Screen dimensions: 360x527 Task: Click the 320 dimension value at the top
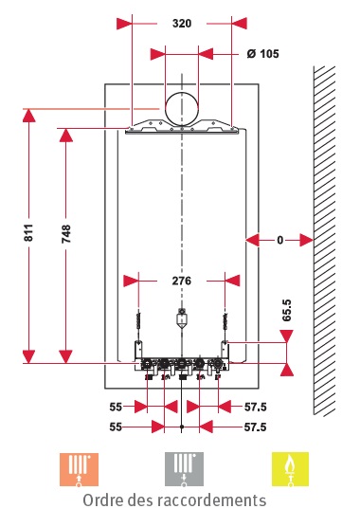point(182,24)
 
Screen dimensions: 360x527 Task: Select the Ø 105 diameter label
point(263,54)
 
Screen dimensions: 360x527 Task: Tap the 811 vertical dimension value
point(28,232)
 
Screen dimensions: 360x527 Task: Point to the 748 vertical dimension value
point(66,234)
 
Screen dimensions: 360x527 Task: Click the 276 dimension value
point(182,281)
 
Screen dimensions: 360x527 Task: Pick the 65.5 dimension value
point(287,310)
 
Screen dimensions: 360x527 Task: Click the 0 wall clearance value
point(280,240)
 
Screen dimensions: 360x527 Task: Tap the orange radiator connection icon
point(79,469)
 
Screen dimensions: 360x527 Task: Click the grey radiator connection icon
point(184,469)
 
